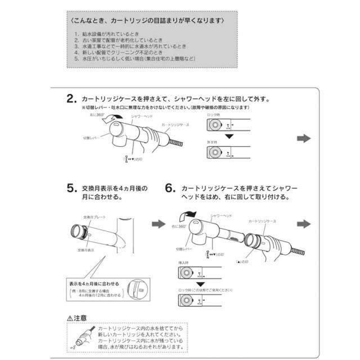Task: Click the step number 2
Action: click(x=71, y=100)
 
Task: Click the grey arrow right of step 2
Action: click(x=304, y=139)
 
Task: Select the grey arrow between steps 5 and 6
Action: click(x=159, y=224)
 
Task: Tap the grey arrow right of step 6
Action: click(x=304, y=224)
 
